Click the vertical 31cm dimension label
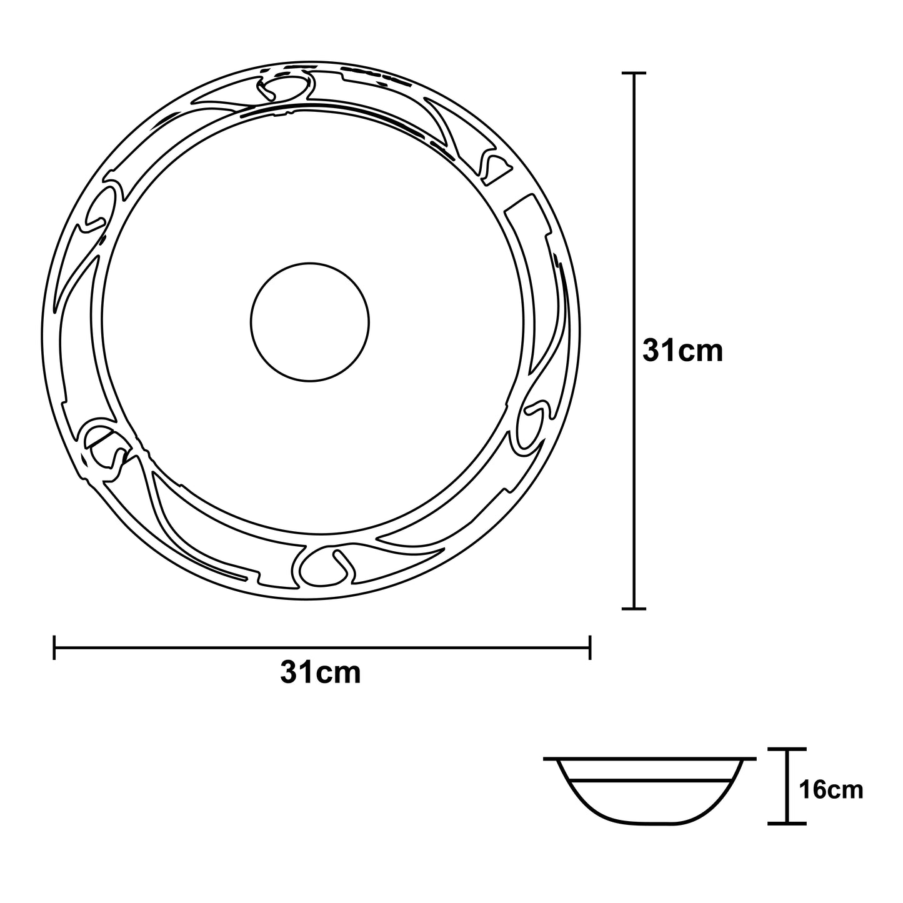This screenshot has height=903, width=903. pos(682,351)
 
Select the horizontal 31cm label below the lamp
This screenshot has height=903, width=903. pos(321,673)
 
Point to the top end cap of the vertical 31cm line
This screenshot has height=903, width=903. pos(634,73)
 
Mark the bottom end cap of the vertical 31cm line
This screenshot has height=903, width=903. pos(634,609)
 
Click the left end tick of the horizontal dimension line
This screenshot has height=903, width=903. pos(54,647)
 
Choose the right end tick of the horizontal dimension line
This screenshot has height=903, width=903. pos(590,647)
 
